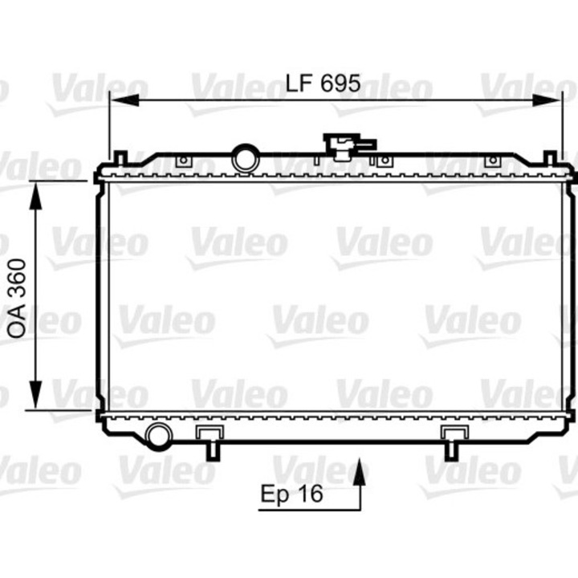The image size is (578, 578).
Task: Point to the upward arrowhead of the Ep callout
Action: (360, 470)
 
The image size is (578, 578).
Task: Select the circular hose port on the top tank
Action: (245, 157)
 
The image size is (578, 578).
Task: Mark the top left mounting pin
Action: (120, 157)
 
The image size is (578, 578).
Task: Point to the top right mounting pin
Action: (550, 157)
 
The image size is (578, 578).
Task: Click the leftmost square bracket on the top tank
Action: (183, 161)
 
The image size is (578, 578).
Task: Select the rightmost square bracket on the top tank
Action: (492, 161)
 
